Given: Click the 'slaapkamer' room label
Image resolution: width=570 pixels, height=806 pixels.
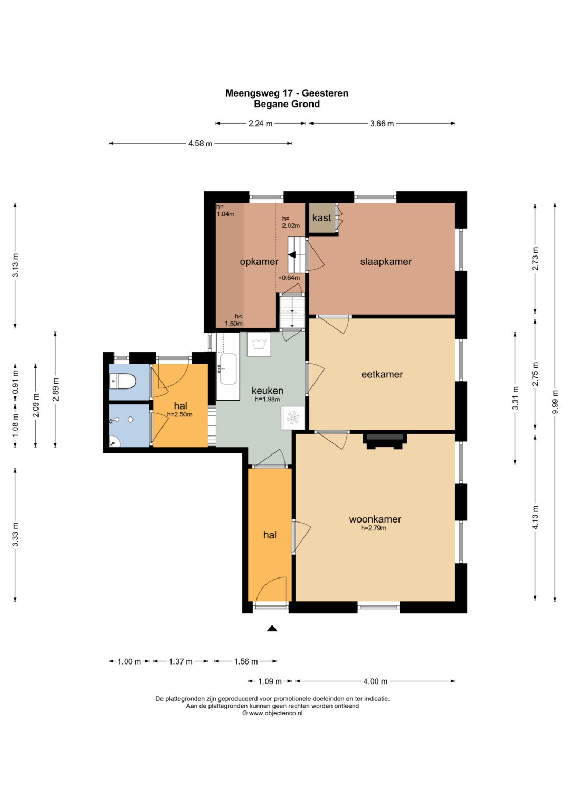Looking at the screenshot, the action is pos(386,262).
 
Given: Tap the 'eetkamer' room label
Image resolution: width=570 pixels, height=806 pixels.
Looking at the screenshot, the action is pos(382,374).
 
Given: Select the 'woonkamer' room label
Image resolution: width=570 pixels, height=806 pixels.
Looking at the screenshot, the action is pos(375,519).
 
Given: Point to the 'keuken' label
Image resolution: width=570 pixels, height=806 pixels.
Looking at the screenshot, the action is pos(268,391).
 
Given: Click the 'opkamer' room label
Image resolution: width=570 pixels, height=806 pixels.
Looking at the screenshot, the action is pos(259,262).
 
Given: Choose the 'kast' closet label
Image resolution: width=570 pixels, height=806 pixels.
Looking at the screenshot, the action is pos(322,217).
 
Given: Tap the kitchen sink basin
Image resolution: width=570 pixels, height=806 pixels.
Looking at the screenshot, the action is pos(229,369).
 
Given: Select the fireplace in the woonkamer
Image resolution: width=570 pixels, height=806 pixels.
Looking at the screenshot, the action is pos(385,441).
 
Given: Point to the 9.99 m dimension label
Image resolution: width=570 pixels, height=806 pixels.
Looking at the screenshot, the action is pos(555,402).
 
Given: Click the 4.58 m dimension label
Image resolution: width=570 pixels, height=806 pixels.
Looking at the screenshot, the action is pos(200,144).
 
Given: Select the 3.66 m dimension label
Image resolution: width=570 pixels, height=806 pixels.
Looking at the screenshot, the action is pos(382,124).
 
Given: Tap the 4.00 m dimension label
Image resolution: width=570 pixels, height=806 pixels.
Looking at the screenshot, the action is pos(375,681).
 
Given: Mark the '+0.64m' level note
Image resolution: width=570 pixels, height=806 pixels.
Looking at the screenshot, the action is pos(289,278).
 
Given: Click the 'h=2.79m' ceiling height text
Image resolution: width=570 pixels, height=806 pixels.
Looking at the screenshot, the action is pos(374,528).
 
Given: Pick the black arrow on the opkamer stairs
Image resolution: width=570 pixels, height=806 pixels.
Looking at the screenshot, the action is pos(292,255).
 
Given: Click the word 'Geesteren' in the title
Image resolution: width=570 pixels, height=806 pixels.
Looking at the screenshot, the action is pos(325,93).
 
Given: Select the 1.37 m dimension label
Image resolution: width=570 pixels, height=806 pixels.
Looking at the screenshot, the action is pos(180,661).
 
